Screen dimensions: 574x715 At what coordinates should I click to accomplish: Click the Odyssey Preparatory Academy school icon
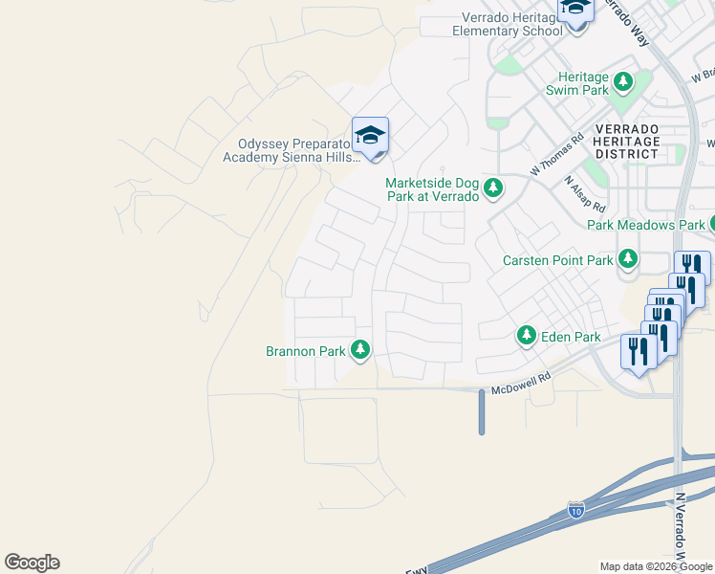[370, 136]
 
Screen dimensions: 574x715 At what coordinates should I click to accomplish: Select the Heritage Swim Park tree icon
[624, 82]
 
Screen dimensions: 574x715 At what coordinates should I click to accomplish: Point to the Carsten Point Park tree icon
[628, 259]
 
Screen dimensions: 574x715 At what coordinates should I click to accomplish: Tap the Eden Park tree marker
[526, 336]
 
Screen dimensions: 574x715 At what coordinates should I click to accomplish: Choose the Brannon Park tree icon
[360, 351]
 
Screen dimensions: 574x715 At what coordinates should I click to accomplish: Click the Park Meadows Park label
[645, 225]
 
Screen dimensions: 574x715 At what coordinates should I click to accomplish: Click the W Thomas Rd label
[557, 153]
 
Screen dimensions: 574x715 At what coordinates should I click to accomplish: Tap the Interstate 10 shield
[575, 509]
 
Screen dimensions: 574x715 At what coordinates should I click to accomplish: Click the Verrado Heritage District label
[626, 141]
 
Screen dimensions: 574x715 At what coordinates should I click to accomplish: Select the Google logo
[32, 563]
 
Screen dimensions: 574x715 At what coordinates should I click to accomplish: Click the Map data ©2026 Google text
[656, 566]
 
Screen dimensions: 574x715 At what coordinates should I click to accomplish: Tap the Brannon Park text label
[305, 351]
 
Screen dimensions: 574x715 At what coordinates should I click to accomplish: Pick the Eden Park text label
[571, 337]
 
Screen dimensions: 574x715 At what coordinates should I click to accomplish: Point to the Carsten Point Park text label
[558, 260]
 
